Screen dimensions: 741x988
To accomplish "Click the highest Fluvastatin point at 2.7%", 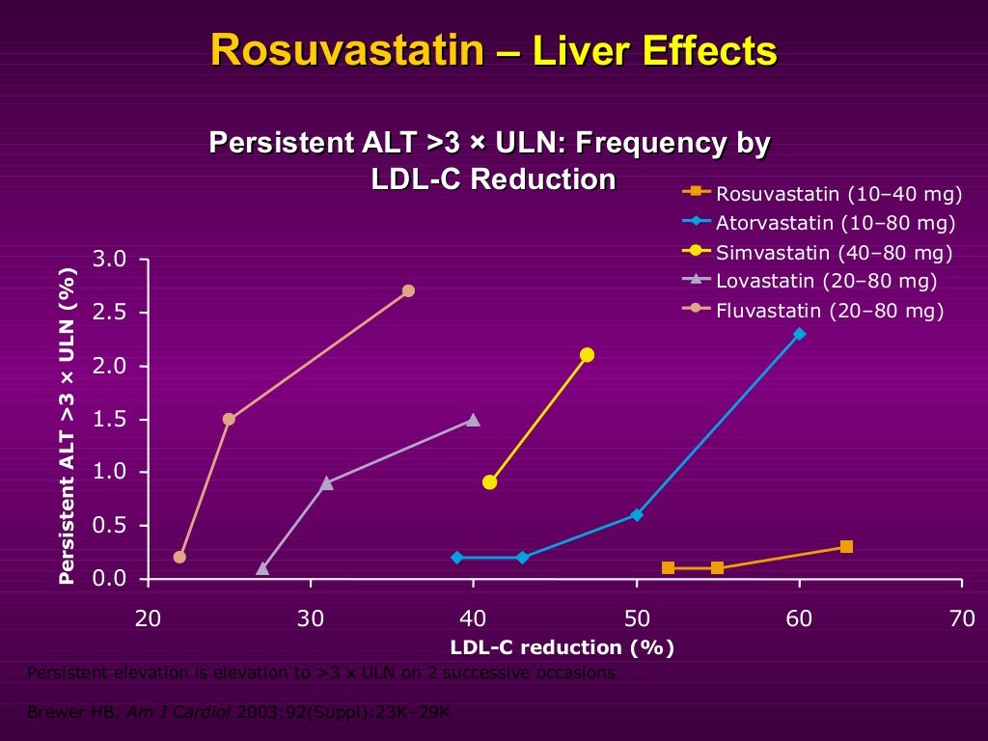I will (x=408, y=290).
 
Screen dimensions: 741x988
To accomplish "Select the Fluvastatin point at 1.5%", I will (x=229, y=419).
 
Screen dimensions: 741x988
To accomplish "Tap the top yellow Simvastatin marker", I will (x=587, y=355).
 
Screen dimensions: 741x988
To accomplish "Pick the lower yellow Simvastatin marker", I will (x=490, y=481).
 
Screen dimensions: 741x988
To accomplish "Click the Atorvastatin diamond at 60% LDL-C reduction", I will (x=799, y=334).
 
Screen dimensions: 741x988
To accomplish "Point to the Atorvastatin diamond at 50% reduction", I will (x=637, y=514).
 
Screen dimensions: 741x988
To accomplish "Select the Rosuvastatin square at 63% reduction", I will (x=846, y=546).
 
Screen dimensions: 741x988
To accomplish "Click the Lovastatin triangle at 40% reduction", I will (x=473, y=419).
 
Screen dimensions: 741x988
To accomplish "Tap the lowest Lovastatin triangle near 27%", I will (x=262, y=568).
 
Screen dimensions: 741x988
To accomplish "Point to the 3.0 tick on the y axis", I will (x=109, y=259).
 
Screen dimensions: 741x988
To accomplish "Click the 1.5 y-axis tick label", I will (x=109, y=419).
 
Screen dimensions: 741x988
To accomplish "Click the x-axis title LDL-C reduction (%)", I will (x=562, y=647).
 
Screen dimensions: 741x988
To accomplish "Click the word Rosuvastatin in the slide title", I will (x=347, y=50).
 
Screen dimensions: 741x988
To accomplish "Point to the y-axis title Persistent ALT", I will (x=67, y=425).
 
